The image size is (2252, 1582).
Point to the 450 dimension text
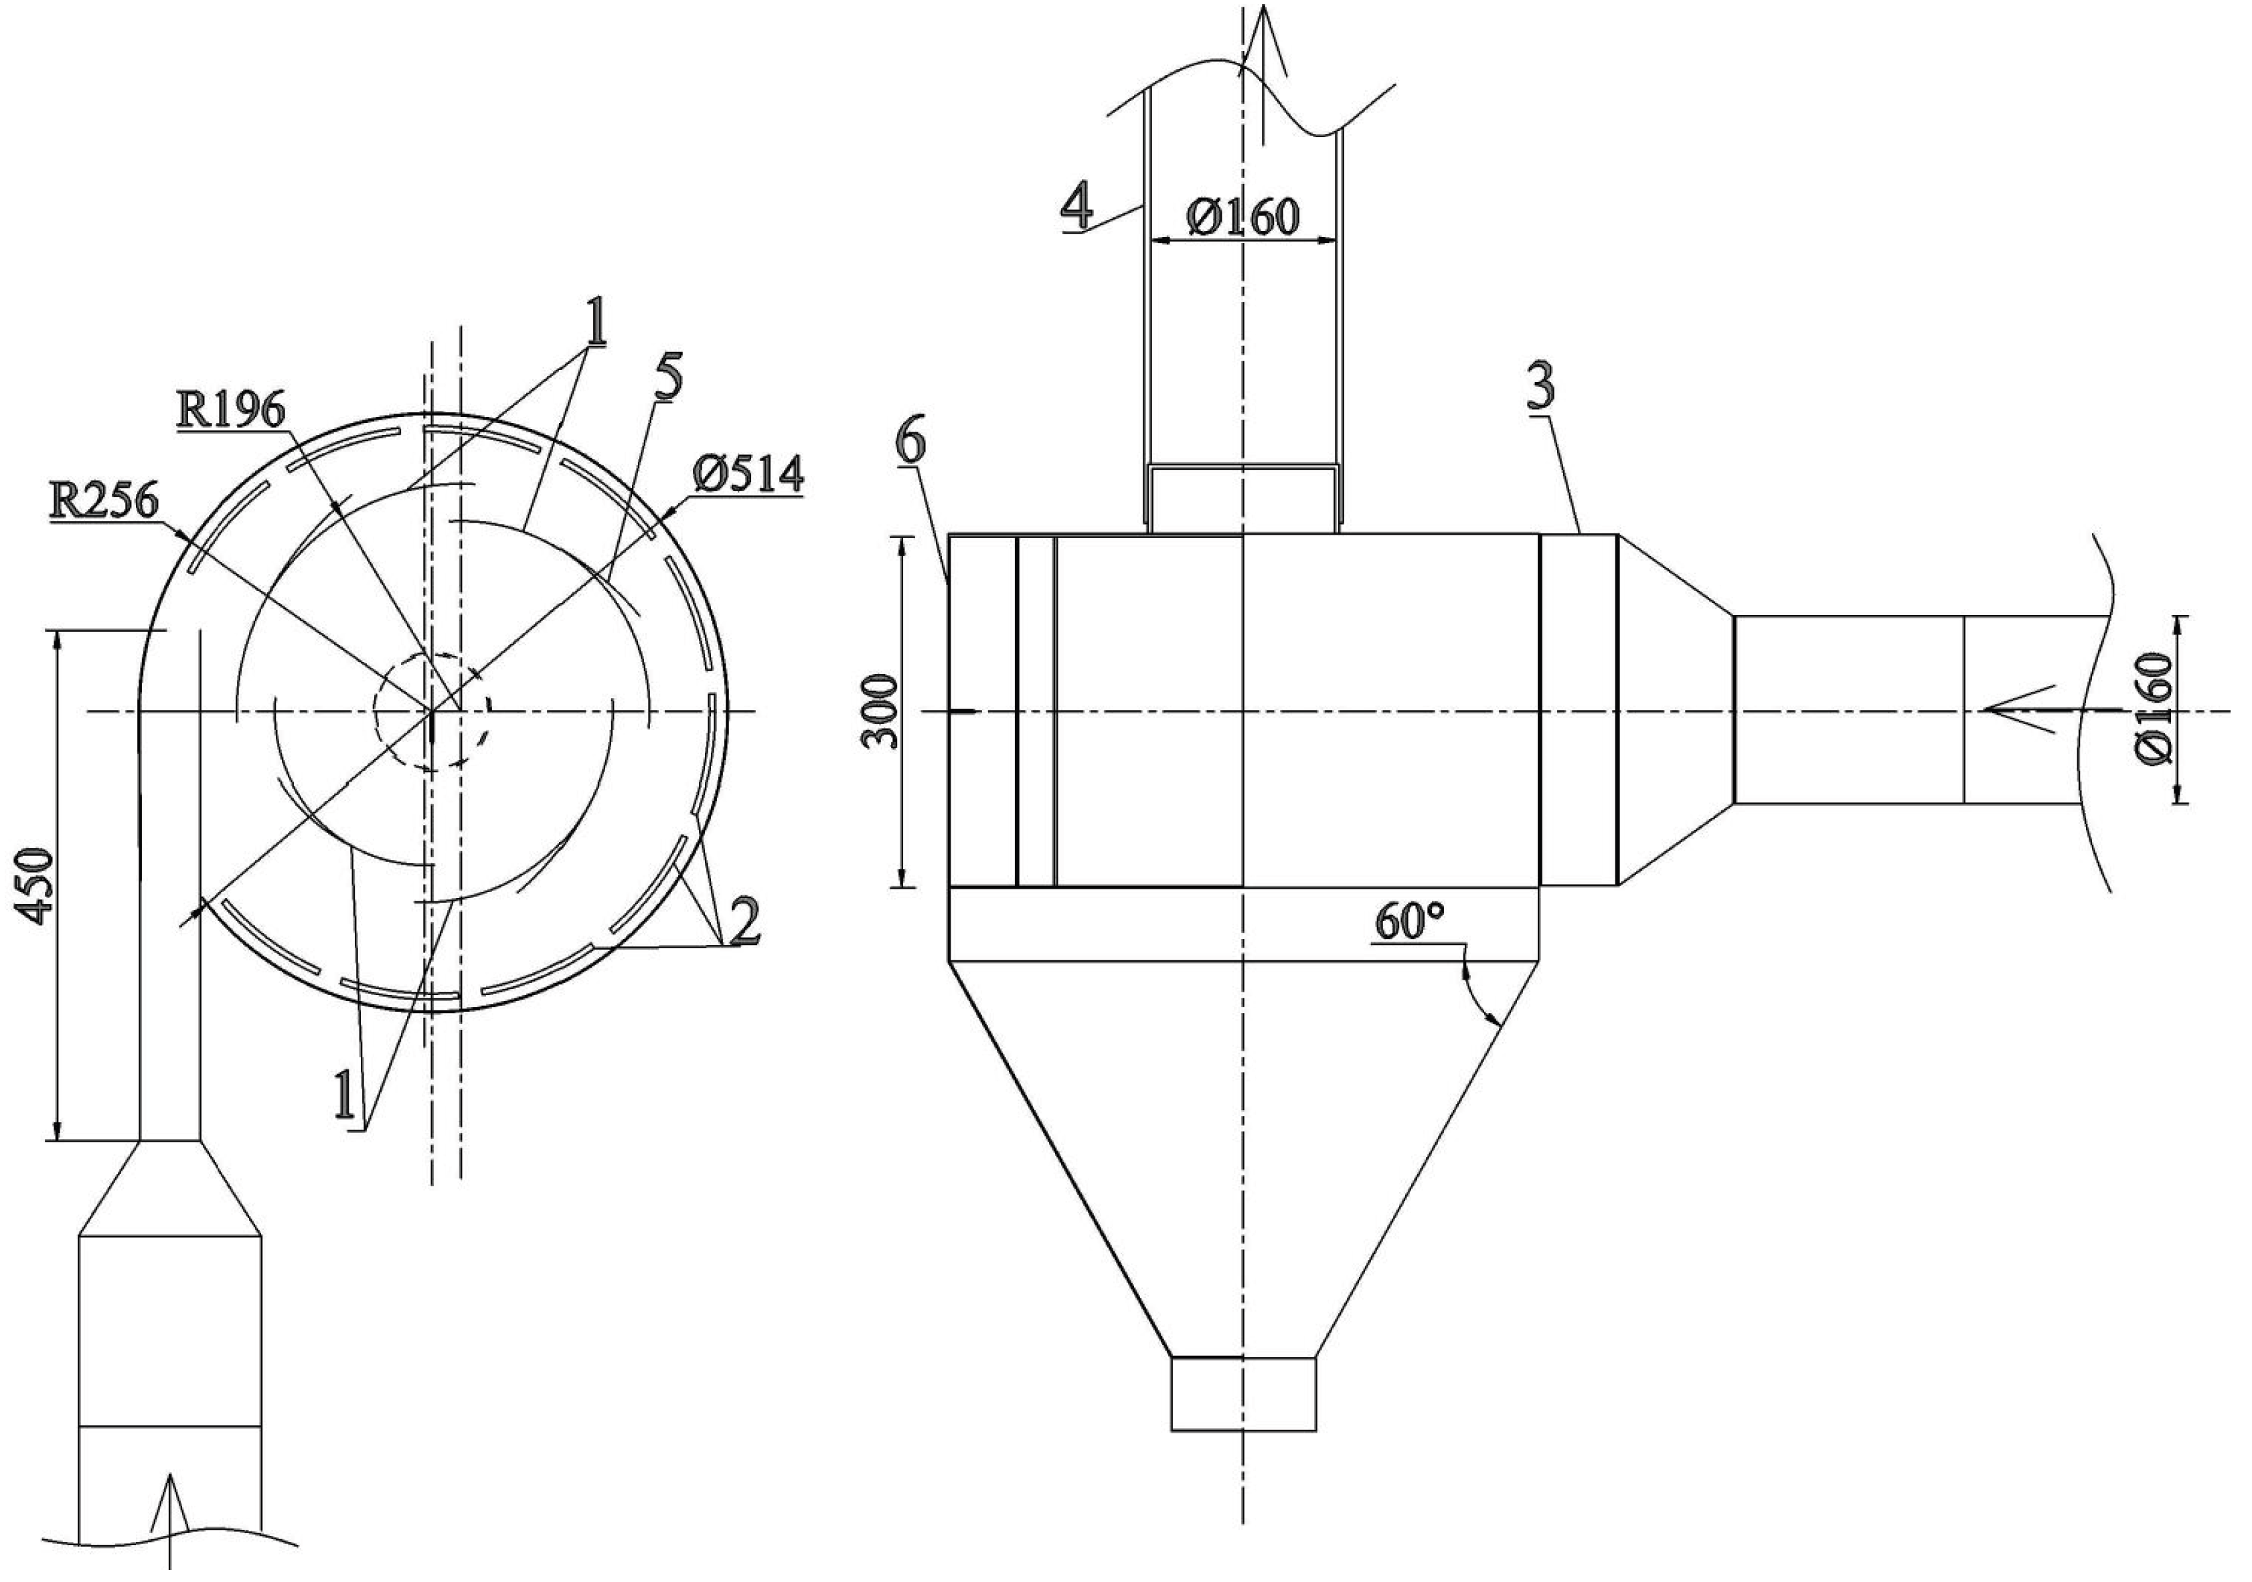tap(37, 885)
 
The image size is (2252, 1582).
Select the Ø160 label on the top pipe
tap(1242, 215)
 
